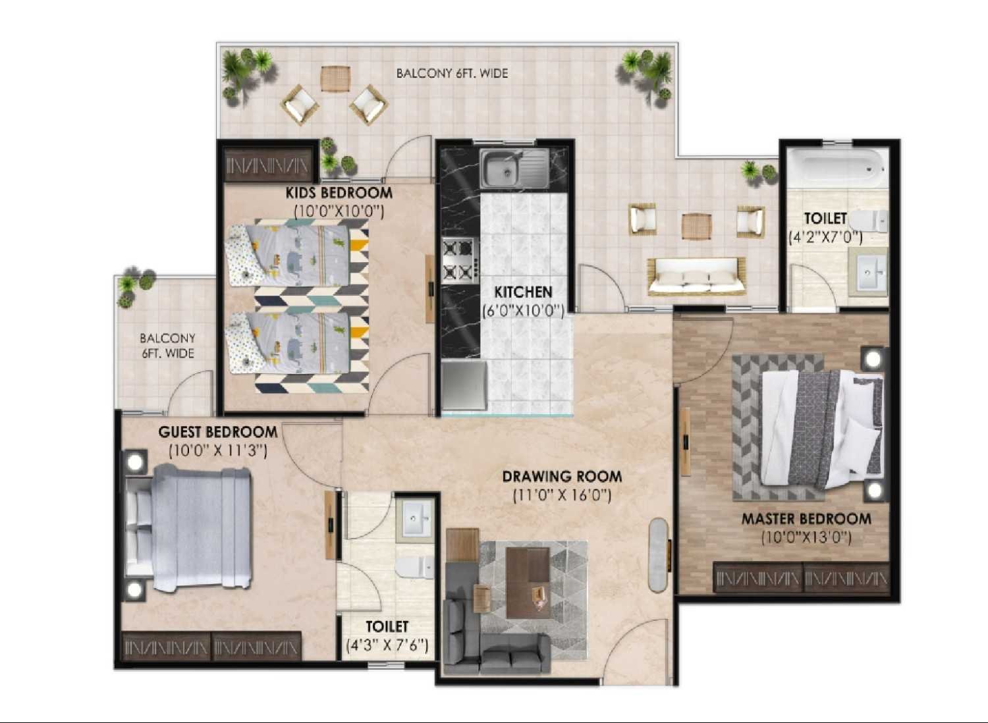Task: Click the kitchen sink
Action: (514, 168)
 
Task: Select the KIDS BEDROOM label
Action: (339, 193)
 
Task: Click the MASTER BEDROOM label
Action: (806, 519)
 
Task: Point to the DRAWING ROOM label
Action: (562, 476)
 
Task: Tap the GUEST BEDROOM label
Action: (218, 431)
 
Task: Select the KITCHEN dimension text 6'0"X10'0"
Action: (523, 311)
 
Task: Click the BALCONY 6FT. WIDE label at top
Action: (452, 73)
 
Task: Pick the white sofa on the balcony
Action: (696, 277)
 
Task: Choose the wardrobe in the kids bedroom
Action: (267, 165)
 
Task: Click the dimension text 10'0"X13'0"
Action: (806, 538)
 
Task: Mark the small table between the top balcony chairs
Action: (336, 78)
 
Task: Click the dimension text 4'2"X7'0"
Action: (826, 237)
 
